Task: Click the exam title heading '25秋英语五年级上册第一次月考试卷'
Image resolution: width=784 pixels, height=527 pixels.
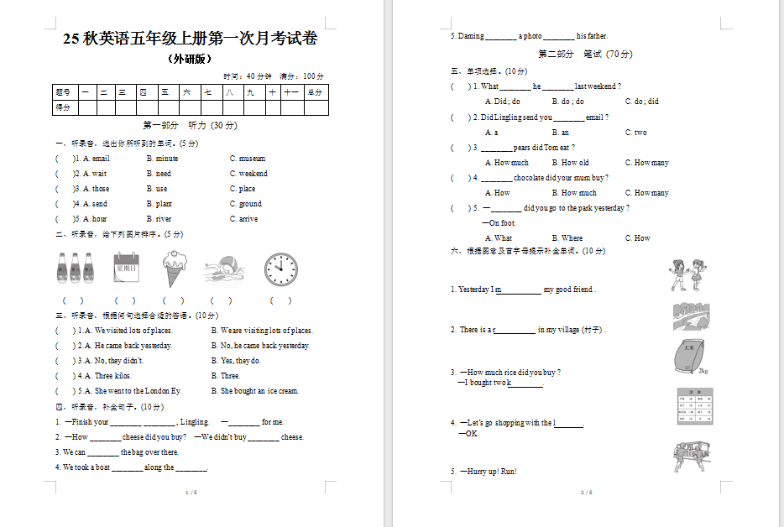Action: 190,39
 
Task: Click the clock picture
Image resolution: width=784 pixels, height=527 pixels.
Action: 280,269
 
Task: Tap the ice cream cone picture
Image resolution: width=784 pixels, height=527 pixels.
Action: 175,269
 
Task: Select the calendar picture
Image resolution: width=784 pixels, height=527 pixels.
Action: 126,269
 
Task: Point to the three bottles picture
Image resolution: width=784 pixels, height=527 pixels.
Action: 75,269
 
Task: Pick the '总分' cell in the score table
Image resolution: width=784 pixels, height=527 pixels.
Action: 315,92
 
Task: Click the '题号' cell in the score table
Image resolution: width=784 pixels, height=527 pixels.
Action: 63,92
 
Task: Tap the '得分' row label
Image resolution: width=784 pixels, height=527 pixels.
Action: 63,107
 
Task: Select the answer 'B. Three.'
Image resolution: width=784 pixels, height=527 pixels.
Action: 225,376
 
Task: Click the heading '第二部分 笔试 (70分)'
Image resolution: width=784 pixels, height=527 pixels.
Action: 585,54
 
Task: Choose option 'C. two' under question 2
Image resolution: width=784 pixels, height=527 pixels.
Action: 635,133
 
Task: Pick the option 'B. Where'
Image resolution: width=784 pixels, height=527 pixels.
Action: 567,238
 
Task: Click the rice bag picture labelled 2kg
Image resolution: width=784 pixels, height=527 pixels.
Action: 690,356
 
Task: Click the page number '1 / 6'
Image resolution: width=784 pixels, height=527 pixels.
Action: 191,493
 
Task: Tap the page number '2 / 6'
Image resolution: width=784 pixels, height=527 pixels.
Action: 587,493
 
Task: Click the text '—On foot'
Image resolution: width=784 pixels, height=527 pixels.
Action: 499,223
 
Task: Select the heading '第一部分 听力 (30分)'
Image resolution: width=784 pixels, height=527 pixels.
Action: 190,125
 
